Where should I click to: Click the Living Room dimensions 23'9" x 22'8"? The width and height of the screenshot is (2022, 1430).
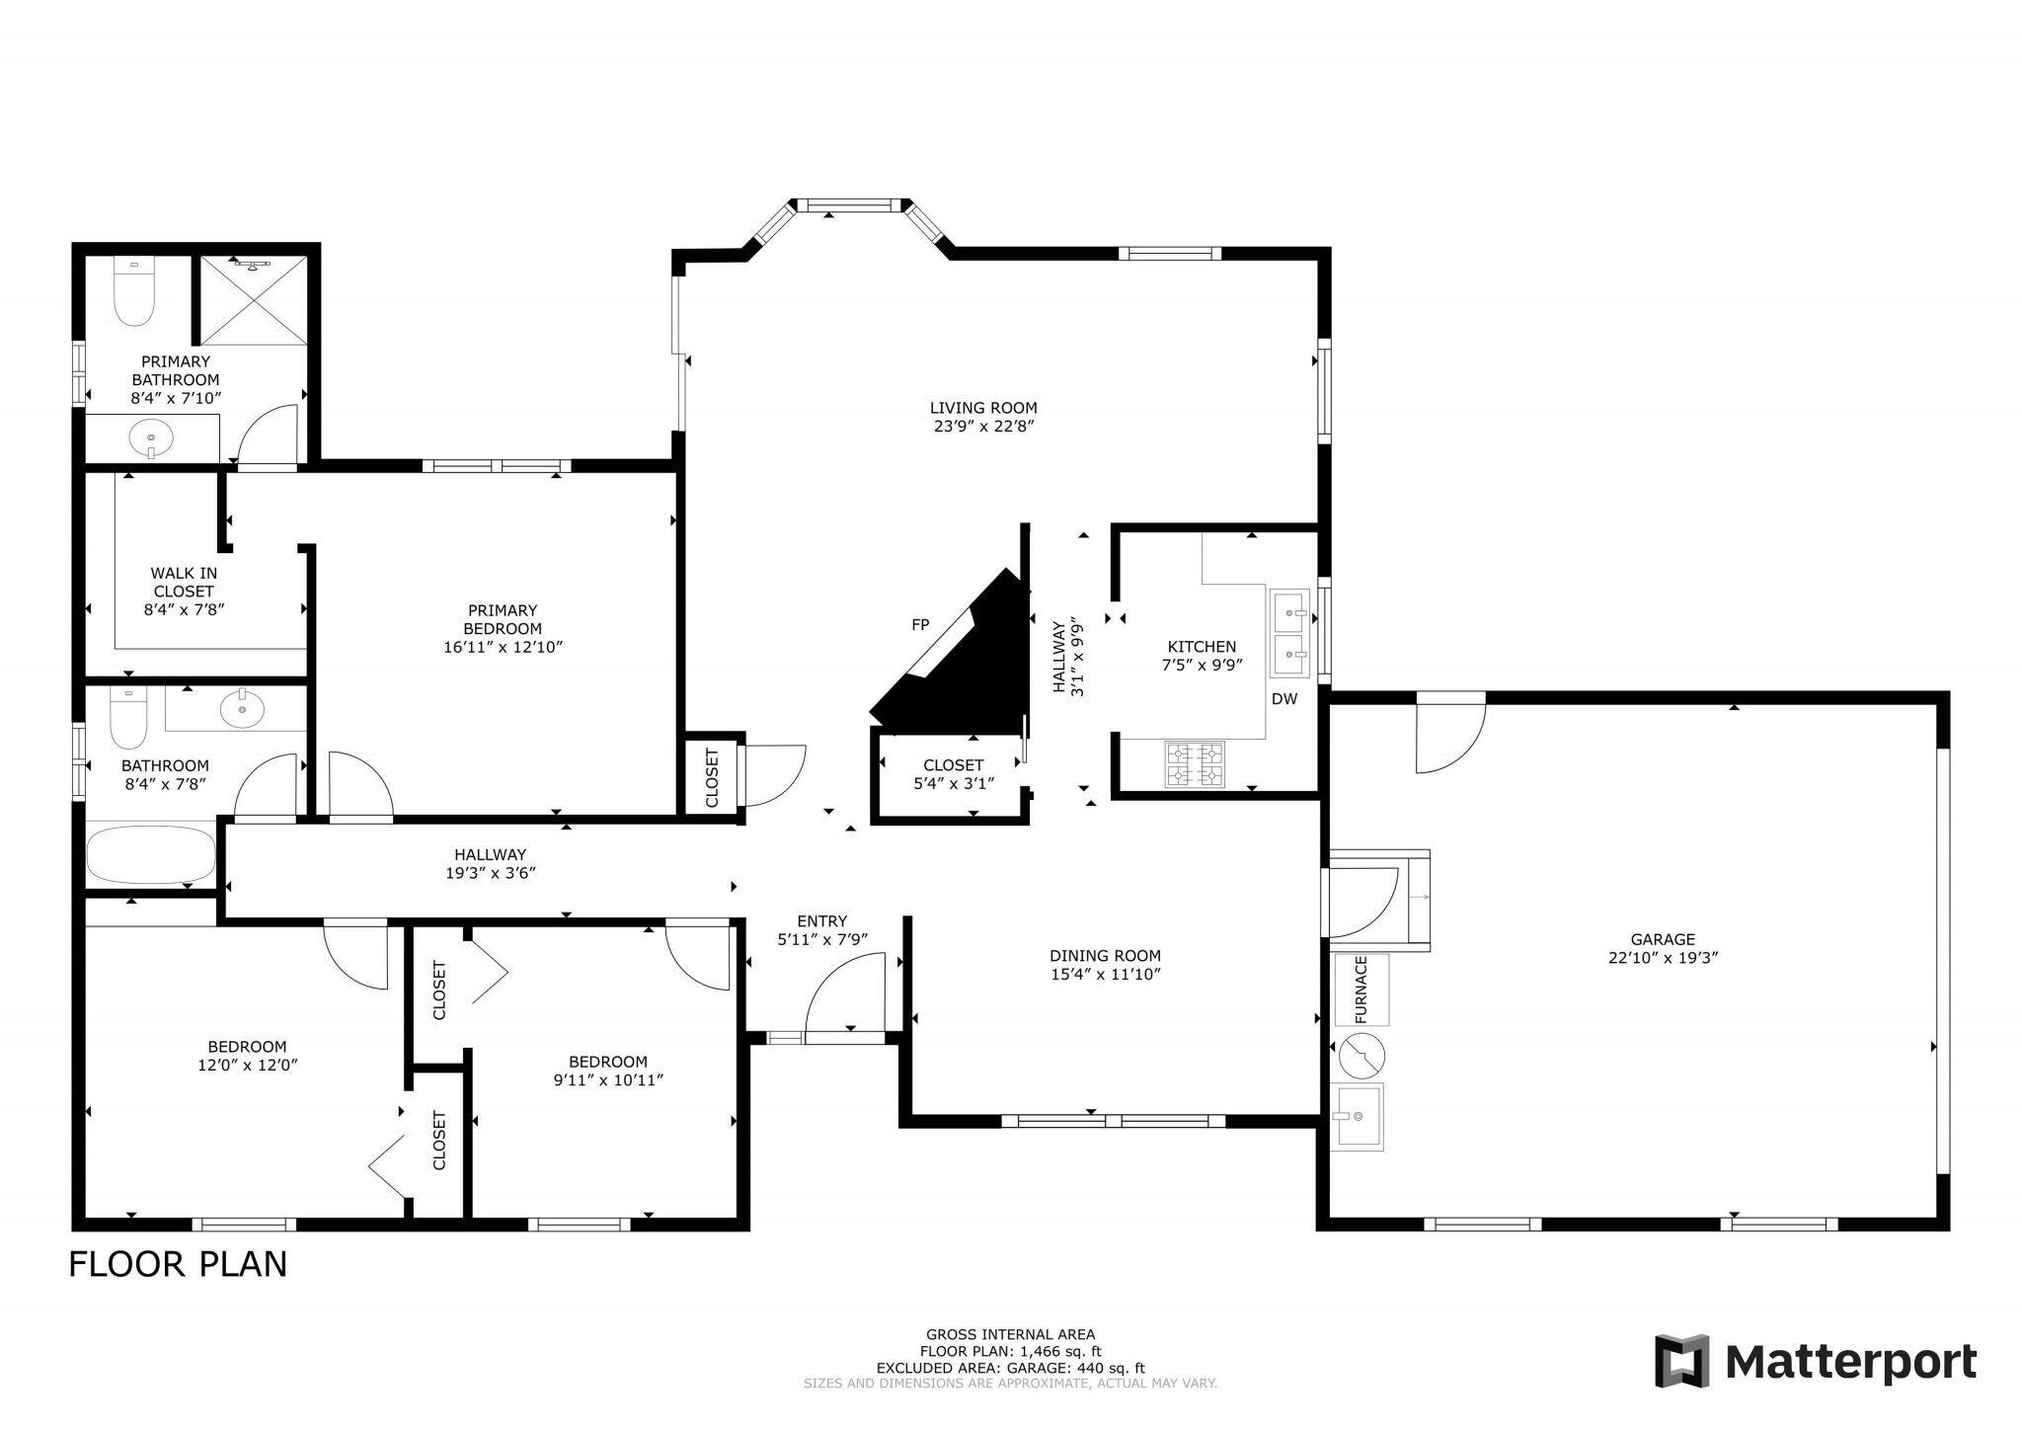pos(983,427)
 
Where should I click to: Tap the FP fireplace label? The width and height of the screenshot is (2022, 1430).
pos(919,625)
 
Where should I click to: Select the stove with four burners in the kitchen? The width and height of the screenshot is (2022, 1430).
pos(1195,764)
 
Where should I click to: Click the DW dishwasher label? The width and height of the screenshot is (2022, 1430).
pos(1283,699)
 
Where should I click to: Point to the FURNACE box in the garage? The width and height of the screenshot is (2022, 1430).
pos(1361,990)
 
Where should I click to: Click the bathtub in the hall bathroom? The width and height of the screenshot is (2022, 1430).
pos(151,856)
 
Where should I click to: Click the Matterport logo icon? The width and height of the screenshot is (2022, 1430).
pos(1682,1361)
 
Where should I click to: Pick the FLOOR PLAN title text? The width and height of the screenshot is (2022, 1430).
pos(178,1265)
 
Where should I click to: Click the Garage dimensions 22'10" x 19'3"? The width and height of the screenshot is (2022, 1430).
pos(1663,958)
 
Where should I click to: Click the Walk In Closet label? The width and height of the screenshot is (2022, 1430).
pos(184,591)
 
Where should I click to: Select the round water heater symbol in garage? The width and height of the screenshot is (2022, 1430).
pos(1362,1055)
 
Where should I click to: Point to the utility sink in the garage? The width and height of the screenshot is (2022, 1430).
pos(1359,1118)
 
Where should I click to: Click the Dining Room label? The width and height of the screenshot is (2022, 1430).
pos(1105,956)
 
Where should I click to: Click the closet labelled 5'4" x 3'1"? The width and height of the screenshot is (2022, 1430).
pos(953,773)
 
